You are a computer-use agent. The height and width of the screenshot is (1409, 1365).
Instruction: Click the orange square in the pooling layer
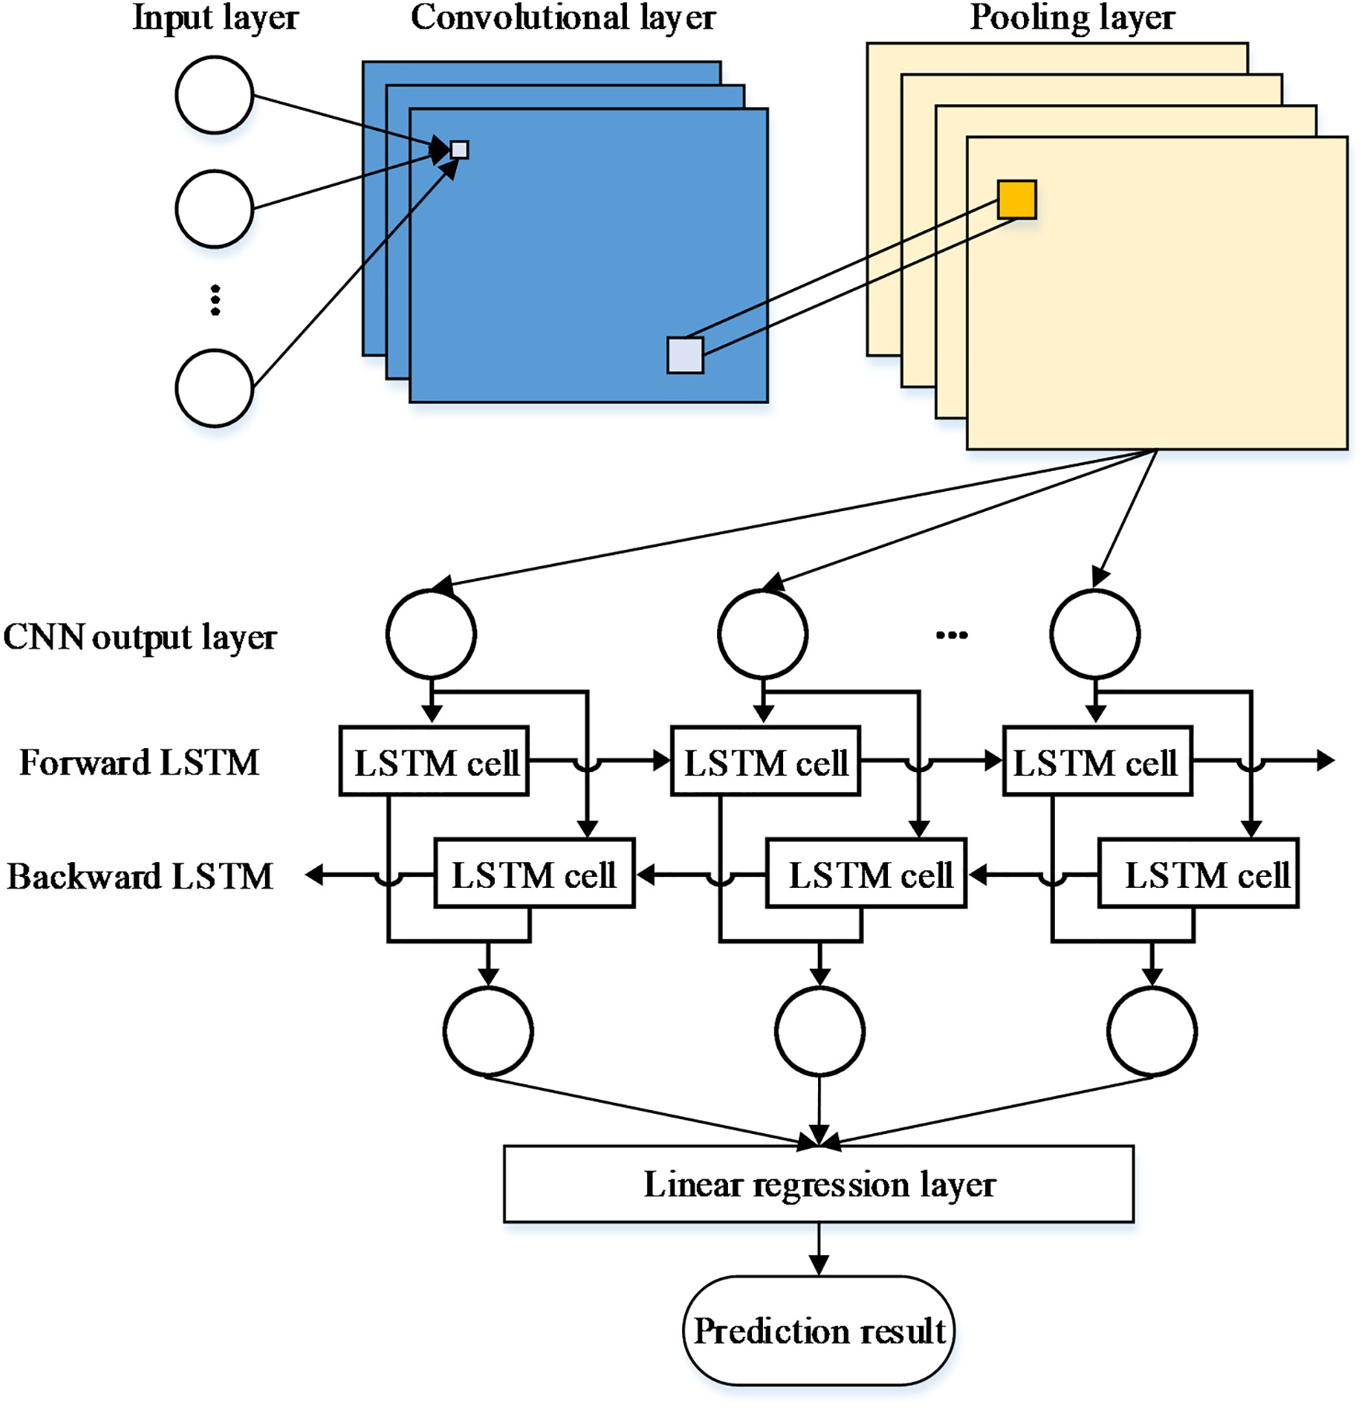pos(1016,200)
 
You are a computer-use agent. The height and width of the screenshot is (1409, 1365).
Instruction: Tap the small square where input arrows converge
pos(459,149)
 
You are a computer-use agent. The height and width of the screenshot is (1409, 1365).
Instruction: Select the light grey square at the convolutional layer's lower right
pos(684,355)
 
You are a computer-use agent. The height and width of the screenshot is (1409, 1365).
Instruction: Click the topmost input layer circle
pos(214,95)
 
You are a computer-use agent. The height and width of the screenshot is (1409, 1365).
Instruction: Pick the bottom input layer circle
pos(214,388)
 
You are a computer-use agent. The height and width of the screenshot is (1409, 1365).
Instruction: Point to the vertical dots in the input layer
pos(215,300)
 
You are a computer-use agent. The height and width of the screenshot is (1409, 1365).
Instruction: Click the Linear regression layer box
pos(818,1184)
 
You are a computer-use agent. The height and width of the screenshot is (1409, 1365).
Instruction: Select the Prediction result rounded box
pos(818,1331)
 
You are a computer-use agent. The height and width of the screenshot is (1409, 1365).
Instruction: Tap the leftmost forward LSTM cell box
pos(434,761)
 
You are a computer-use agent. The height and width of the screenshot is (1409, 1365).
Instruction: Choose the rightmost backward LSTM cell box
pos(1198,873)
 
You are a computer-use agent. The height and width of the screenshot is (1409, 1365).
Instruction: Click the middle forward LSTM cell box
pos(765,761)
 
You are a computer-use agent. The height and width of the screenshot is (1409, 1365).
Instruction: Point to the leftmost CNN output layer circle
pos(431,634)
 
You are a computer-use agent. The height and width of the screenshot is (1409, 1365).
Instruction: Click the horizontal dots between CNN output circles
pos(952,635)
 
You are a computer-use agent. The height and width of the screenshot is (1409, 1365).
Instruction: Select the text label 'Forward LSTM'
pos(139,763)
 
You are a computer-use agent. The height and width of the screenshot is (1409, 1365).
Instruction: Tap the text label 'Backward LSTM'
pos(140,876)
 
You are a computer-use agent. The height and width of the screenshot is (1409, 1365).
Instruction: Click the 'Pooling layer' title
pos(1072,18)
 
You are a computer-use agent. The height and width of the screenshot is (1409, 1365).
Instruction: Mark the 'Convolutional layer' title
pos(562,18)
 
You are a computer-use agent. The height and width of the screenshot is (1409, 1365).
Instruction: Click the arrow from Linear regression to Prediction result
pos(819,1247)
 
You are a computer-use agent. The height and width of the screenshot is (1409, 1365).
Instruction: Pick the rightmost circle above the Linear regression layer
pos(1151,1032)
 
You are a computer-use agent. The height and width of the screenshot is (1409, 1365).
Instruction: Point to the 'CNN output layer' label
pos(140,637)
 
